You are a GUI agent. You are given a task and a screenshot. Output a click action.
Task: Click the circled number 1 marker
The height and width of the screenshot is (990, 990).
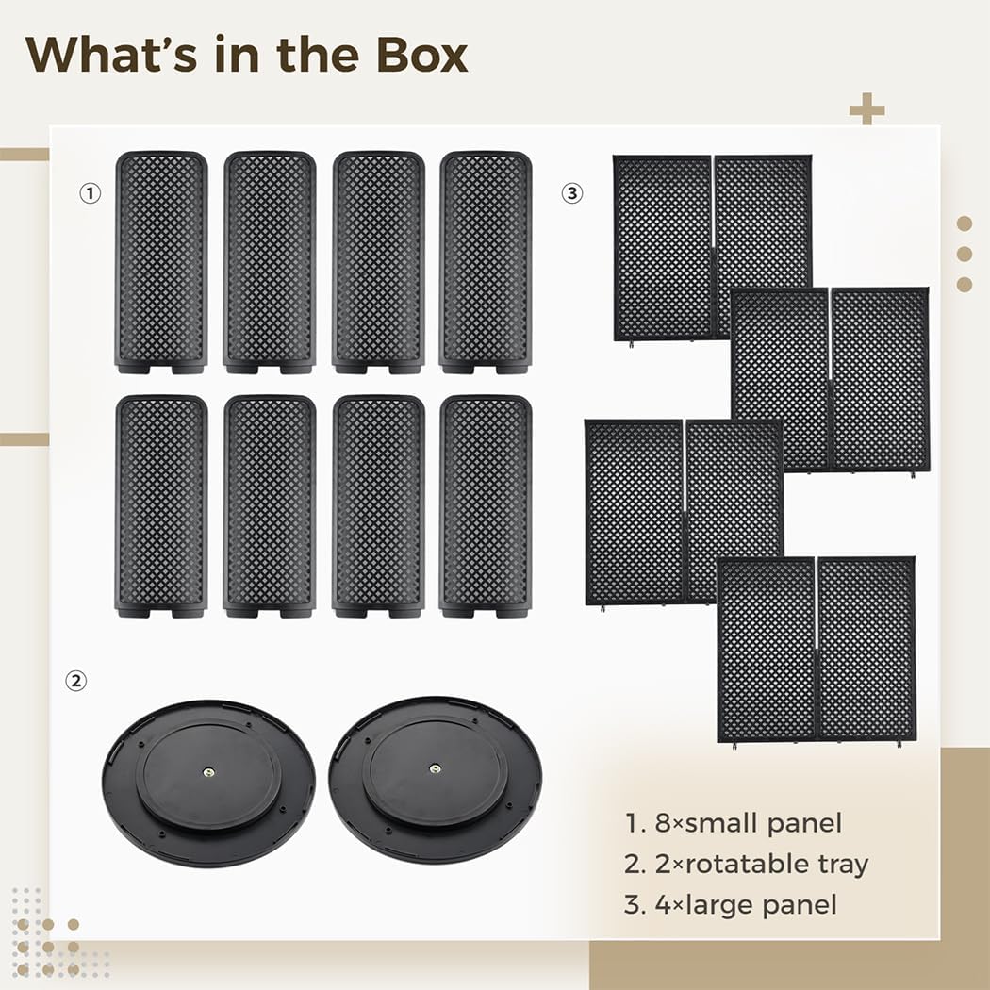click(x=90, y=193)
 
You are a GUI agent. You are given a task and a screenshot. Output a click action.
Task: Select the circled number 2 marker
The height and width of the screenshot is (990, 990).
click(x=75, y=680)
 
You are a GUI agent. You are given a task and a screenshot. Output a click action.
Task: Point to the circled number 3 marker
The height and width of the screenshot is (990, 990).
click(x=572, y=193)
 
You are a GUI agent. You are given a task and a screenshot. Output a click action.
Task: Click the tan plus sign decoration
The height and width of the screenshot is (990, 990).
click(x=866, y=109)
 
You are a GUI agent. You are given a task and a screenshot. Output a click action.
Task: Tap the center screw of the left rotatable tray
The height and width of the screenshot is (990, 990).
click(x=208, y=770)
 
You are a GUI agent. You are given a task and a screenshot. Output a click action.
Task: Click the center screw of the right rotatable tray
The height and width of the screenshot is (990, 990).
click(x=435, y=770)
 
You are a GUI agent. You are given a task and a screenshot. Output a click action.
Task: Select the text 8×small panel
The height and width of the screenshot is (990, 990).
click(x=733, y=822)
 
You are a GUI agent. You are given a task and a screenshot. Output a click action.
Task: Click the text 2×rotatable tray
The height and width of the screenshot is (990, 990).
click(x=746, y=864)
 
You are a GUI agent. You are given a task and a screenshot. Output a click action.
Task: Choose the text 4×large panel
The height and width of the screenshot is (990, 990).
click(x=731, y=905)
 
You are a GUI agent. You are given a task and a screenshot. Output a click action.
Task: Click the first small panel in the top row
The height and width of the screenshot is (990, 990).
click(x=161, y=262)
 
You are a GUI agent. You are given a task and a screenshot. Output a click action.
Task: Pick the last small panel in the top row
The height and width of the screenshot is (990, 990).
click(x=486, y=262)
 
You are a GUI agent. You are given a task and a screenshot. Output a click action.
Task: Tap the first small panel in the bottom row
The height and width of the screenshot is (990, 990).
click(x=161, y=506)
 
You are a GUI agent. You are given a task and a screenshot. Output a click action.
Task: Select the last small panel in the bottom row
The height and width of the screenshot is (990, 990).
click(x=486, y=506)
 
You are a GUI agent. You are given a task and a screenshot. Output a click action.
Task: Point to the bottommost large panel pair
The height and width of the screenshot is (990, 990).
click(x=817, y=649)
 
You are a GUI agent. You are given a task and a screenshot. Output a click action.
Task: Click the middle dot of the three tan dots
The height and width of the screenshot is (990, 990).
click(x=964, y=254)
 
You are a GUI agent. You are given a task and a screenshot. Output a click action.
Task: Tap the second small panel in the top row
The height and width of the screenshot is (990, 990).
click(x=270, y=262)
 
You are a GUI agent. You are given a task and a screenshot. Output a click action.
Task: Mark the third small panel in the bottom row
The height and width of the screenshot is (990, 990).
click(x=378, y=506)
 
